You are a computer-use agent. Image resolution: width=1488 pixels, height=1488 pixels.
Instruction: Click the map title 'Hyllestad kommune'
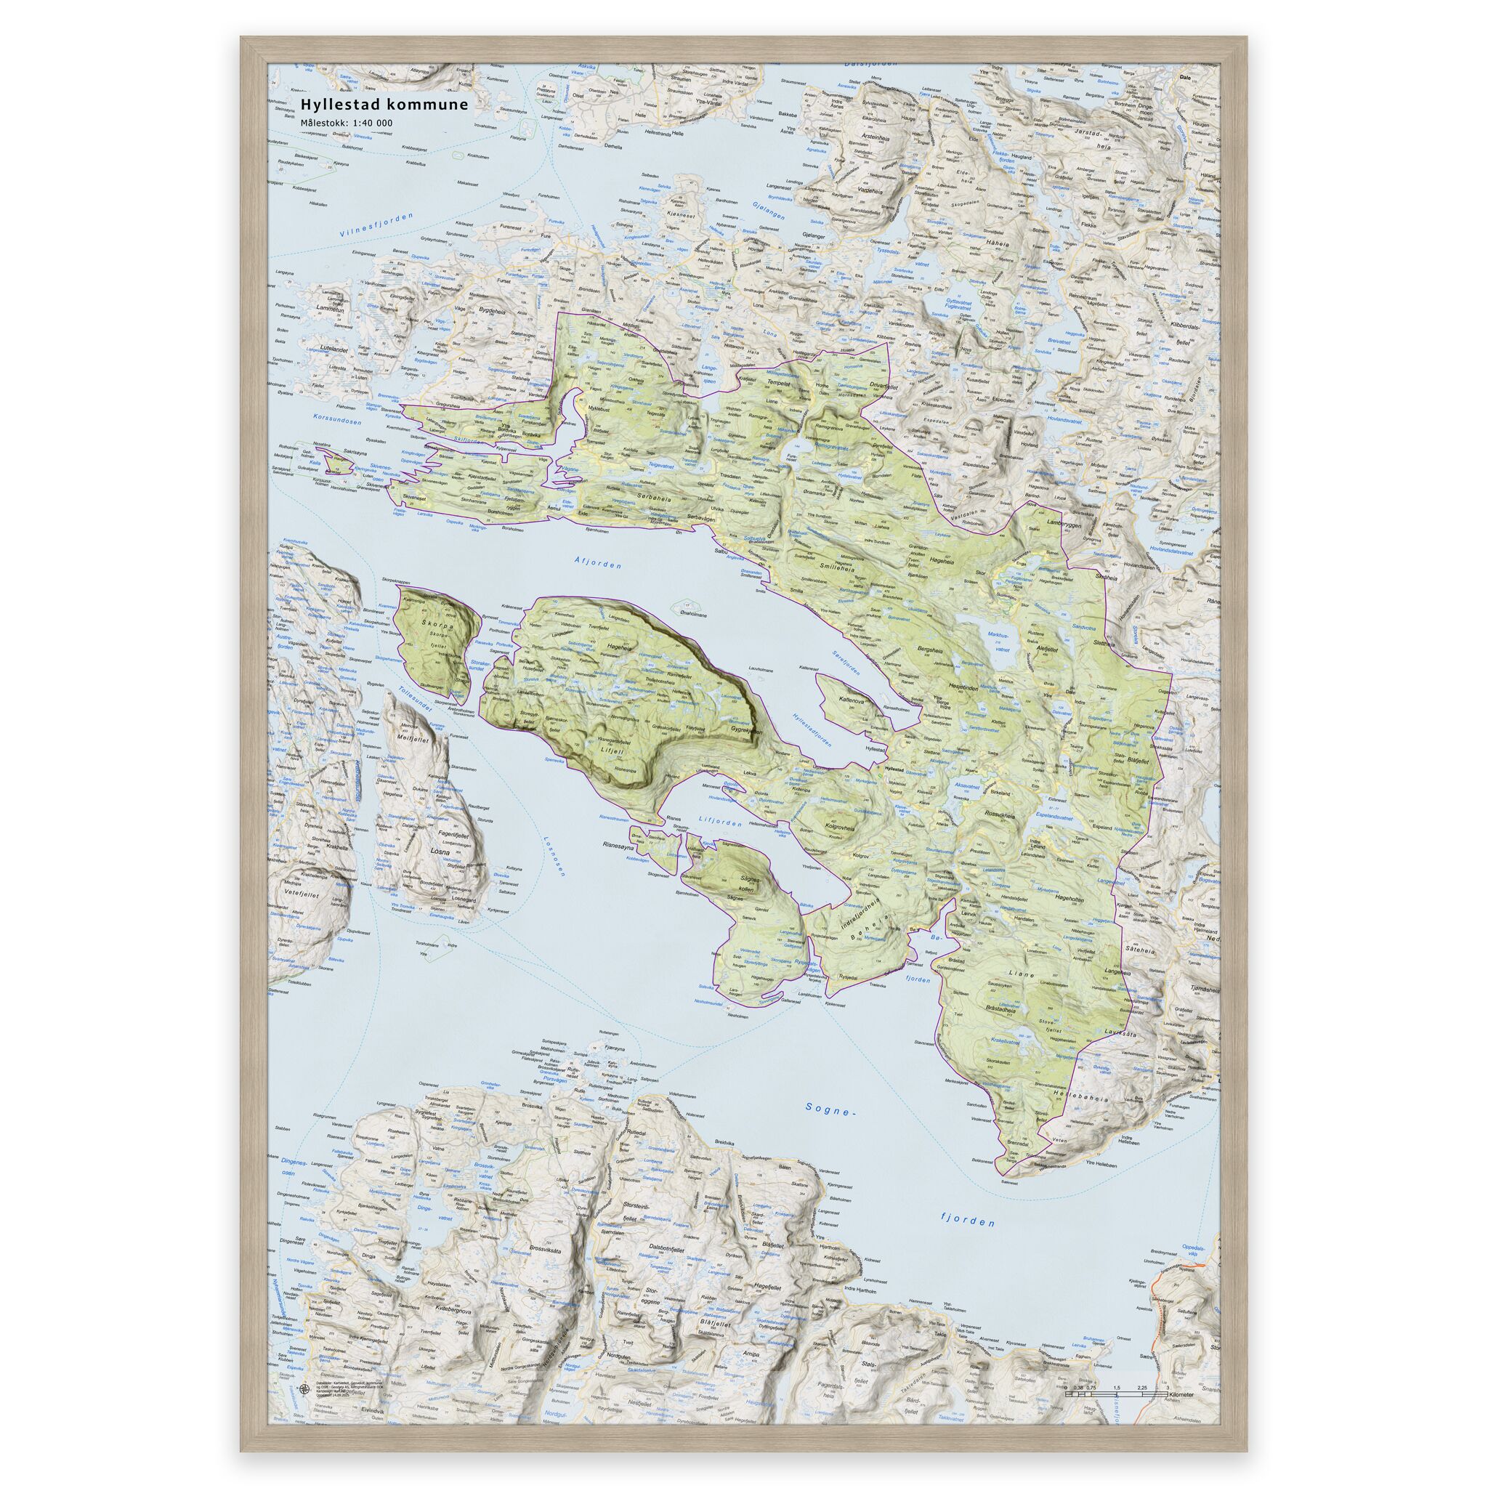(384, 104)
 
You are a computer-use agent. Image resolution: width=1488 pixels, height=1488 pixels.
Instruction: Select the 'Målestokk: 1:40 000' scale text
(348, 123)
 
